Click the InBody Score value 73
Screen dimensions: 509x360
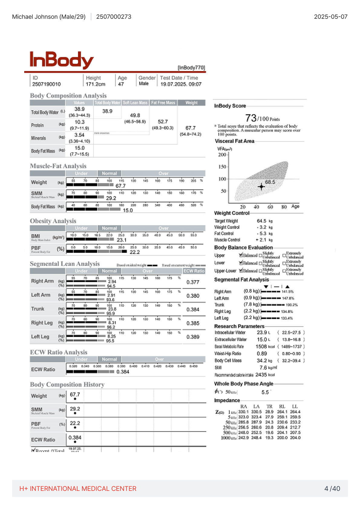[251, 118]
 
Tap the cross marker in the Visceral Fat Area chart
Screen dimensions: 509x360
[261, 186]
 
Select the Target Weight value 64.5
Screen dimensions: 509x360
[261, 221]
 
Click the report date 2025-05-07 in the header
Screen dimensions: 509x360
[330, 17]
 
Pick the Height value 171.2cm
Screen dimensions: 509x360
[95, 84]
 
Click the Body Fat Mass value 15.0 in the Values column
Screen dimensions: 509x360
[80, 148]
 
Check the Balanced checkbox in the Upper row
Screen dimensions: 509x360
[241, 255]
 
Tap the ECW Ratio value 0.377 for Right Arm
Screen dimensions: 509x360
[193, 282]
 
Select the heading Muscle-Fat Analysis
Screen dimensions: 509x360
[58, 166]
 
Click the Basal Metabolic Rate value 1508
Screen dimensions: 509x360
[261, 346]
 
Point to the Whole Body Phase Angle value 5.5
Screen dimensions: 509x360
[265, 392]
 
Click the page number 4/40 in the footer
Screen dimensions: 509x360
[332, 488]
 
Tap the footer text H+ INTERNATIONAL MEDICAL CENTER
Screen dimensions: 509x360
[78, 488]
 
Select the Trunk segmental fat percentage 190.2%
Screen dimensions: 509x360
[292, 305]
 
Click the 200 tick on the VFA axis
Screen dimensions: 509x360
[222, 154]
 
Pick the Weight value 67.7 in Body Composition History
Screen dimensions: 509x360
[75, 394]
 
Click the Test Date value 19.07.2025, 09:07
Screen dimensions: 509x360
[181, 84]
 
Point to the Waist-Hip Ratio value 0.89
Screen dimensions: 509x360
[262, 353]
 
